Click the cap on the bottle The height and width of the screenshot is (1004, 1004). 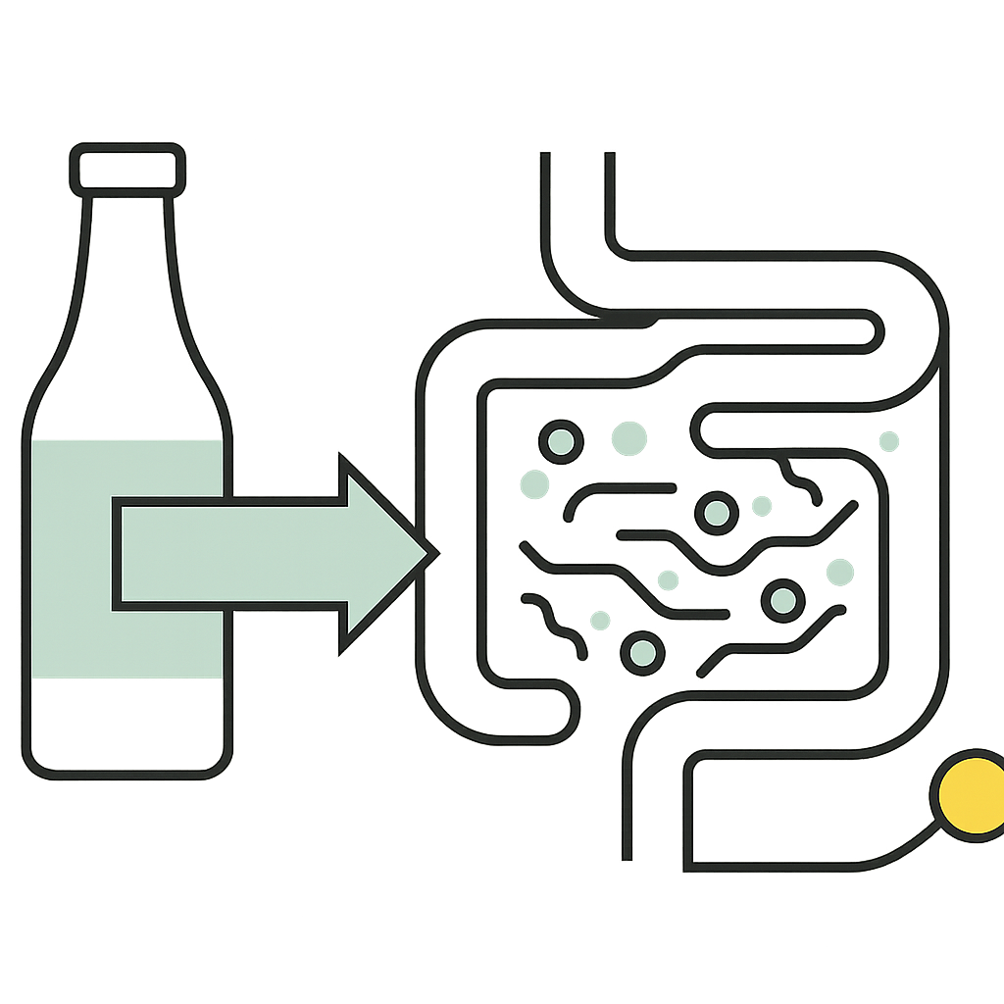[128, 168]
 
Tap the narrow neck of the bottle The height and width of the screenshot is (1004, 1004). [128, 245]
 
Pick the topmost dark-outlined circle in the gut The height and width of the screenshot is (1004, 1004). [560, 442]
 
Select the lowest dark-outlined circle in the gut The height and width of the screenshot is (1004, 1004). [641, 653]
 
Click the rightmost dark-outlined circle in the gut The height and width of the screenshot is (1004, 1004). [783, 600]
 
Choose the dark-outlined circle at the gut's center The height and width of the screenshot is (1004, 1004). [716, 512]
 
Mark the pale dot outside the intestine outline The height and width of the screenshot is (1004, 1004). [889, 441]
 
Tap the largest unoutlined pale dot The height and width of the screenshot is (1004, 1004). [628, 438]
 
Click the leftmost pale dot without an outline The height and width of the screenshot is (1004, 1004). [534, 484]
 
